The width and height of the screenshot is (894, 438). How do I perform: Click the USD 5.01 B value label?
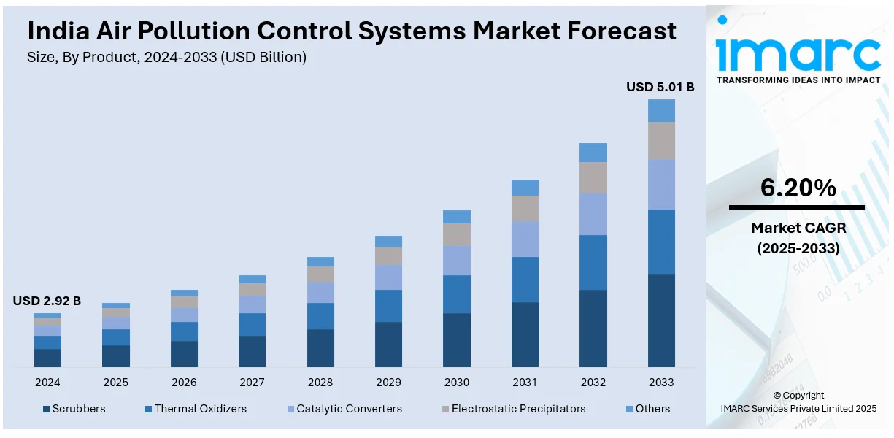660,88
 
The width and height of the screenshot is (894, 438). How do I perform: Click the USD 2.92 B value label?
47,301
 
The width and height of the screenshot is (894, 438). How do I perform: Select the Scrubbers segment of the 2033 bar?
661,320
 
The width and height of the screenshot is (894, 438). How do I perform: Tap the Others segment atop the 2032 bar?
593,152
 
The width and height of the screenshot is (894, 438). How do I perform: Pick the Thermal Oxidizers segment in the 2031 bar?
525,280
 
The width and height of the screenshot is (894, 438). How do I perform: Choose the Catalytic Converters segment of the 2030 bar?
457,260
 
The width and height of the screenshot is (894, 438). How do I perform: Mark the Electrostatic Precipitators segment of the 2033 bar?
661,141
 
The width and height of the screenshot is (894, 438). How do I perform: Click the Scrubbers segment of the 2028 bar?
320,347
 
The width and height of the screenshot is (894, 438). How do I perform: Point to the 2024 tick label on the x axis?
47,382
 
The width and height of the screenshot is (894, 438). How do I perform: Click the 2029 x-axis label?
388,382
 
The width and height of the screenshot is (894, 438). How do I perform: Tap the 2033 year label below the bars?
661,382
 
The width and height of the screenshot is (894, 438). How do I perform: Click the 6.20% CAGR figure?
798,188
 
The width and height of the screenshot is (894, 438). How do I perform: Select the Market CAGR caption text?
798,228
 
